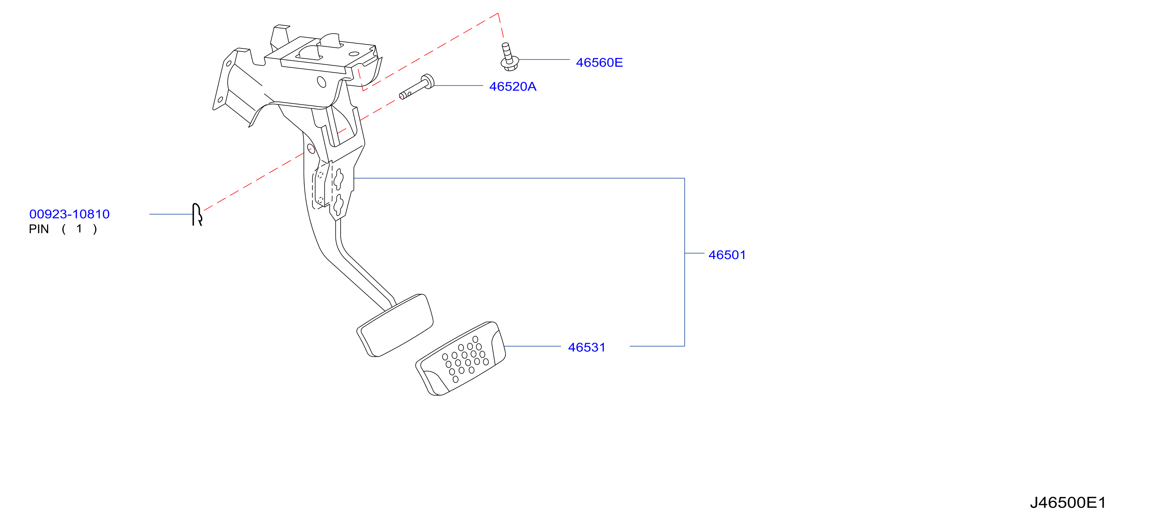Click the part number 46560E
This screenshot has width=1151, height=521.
point(599,62)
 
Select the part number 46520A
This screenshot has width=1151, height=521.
point(513,87)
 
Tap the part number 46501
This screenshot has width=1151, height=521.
point(727,255)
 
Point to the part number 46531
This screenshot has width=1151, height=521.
point(587,348)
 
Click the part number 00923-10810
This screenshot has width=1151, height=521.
point(69,214)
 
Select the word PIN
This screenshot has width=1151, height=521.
point(39,229)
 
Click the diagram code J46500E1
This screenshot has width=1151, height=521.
point(1068,503)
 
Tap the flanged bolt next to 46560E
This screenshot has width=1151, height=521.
point(508,57)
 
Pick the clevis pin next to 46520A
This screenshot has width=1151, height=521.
point(416,87)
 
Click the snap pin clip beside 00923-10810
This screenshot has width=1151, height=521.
point(197,215)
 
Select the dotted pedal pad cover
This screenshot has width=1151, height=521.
point(461,358)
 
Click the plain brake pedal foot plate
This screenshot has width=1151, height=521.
point(395,325)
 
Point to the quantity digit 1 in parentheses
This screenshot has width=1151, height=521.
point(79,229)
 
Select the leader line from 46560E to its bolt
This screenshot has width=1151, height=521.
point(544,59)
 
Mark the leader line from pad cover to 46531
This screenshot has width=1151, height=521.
point(533,346)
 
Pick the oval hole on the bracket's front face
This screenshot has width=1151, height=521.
point(321,82)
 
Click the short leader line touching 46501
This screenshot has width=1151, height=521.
point(694,253)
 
